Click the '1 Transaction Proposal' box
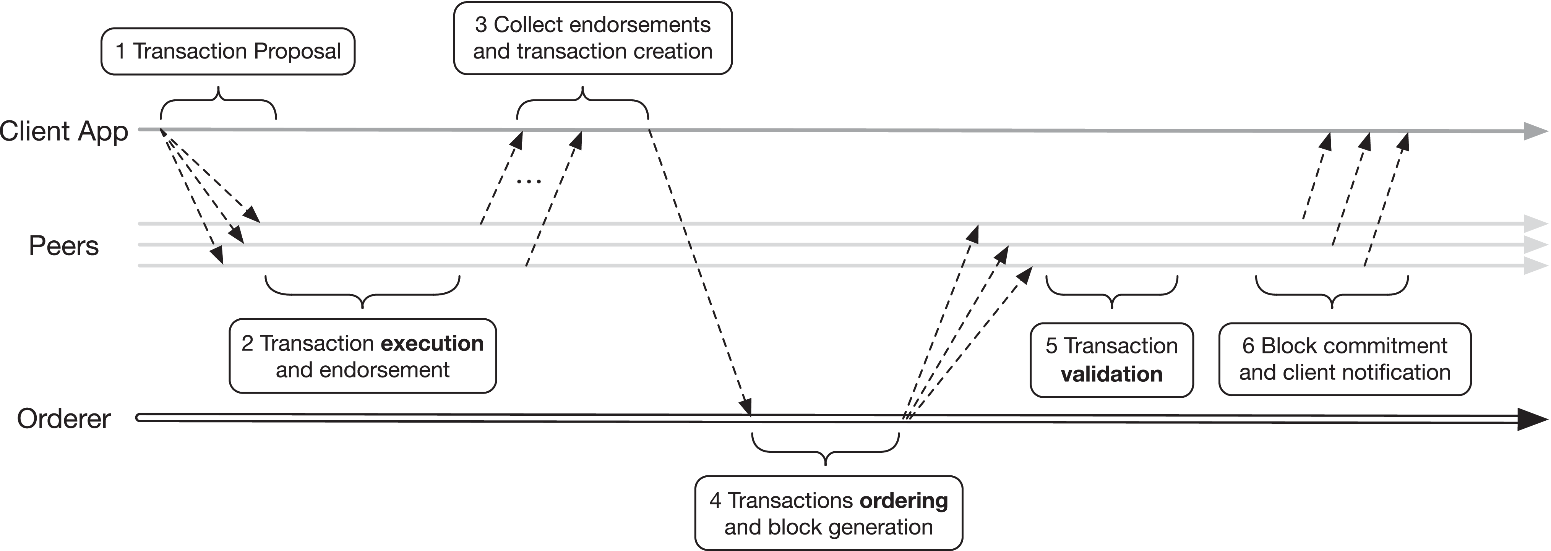pyautogui.click(x=227, y=51)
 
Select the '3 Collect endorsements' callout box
pyautogui.click(x=592, y=38)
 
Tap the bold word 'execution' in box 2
pyautogui.click(x=432, y=343)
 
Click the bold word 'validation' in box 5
pyautogui.click(x=1111, y=374)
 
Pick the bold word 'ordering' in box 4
pyautogui.click(x=903, y=501)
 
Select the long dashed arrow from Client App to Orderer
pyautogui.click(x=698, y=271)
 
